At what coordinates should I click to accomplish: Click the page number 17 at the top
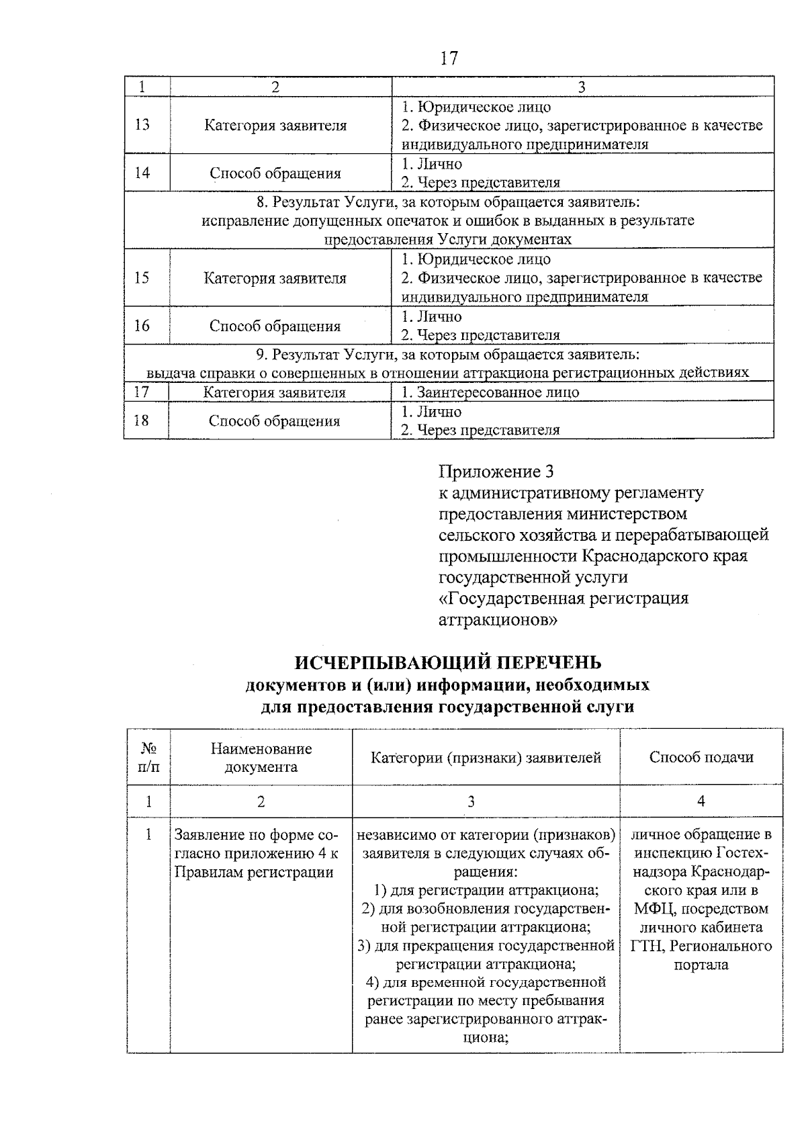[449, 58]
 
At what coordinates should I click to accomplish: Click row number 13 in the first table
[142, 125]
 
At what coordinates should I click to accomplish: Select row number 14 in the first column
[142, 173]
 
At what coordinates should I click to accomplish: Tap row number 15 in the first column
[142, 277]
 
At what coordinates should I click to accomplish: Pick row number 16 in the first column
[142, 326]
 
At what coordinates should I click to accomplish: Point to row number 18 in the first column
[142, 421]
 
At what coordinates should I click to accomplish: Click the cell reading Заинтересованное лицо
[490, 392]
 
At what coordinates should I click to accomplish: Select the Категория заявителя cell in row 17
[275, 392]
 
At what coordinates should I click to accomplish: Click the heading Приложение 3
[496, 470]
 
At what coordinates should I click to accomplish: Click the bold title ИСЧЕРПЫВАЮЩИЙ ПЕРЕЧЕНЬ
[448, 662]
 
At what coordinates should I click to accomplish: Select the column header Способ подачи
[701, 757]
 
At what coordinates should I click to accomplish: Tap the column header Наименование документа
[261, 757]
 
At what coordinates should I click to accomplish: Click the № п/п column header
[148, 757]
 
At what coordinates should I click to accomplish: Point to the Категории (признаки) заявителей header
[486, 758]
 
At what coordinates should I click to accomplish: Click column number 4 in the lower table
[701, 801]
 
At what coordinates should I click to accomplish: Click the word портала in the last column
[701, 965]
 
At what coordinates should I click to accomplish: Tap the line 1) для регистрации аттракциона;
[486, 891]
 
